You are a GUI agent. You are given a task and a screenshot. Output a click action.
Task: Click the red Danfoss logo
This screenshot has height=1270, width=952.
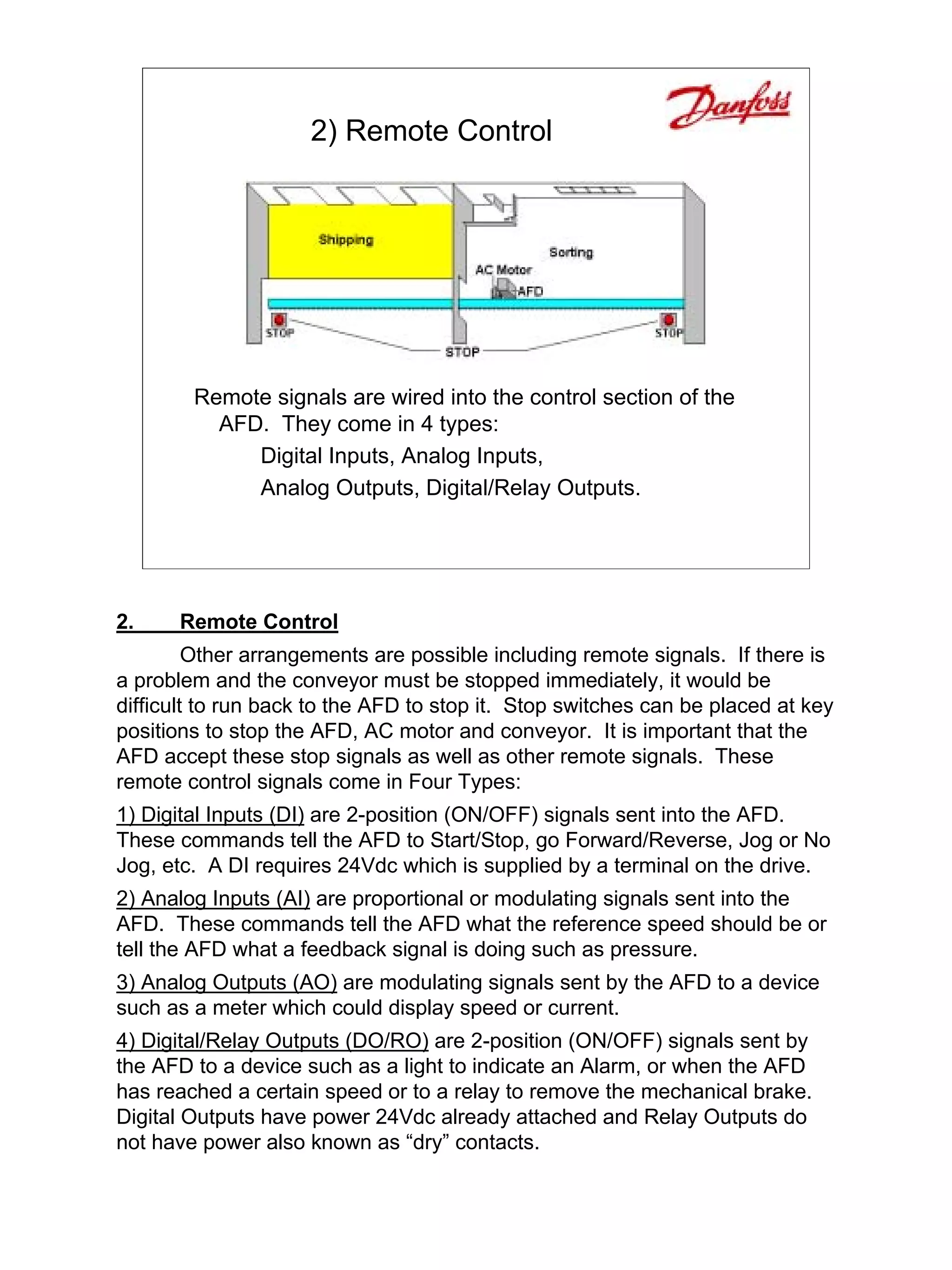pyautogui.click(x=727, y=105)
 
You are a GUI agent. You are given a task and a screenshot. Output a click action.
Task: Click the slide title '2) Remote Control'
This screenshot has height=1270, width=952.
pyautogui.click(x=431, y=131)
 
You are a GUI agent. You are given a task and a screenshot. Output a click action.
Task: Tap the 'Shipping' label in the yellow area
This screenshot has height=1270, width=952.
pyautogui.click(x=345, y=239)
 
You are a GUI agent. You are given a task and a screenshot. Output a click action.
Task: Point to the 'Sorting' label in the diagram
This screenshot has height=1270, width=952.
pyautogui.click(x=570, y=252)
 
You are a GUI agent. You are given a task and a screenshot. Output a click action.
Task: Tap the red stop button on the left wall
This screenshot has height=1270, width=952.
pyautogui.click(x=279, y=319)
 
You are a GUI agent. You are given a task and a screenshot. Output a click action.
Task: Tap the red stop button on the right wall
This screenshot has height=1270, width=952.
pyautogui.click(x=668, y=319)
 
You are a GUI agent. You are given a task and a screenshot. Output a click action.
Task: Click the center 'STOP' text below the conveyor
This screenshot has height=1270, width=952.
pyautogui.click(x=462, y=352)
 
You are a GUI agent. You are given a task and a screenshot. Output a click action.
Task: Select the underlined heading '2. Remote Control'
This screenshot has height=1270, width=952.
pyautogui.click(x=227, y=622)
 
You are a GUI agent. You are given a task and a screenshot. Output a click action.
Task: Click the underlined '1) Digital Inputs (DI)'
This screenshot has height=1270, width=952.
pyautogui.click(x=210, y=815)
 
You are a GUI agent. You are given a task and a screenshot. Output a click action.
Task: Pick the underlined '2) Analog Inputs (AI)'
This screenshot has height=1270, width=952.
pyautogui.click(x=213, y=898)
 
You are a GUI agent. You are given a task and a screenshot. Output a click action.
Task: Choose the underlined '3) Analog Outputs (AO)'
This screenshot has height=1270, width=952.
pyautogui.click(x=227, y=982)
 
